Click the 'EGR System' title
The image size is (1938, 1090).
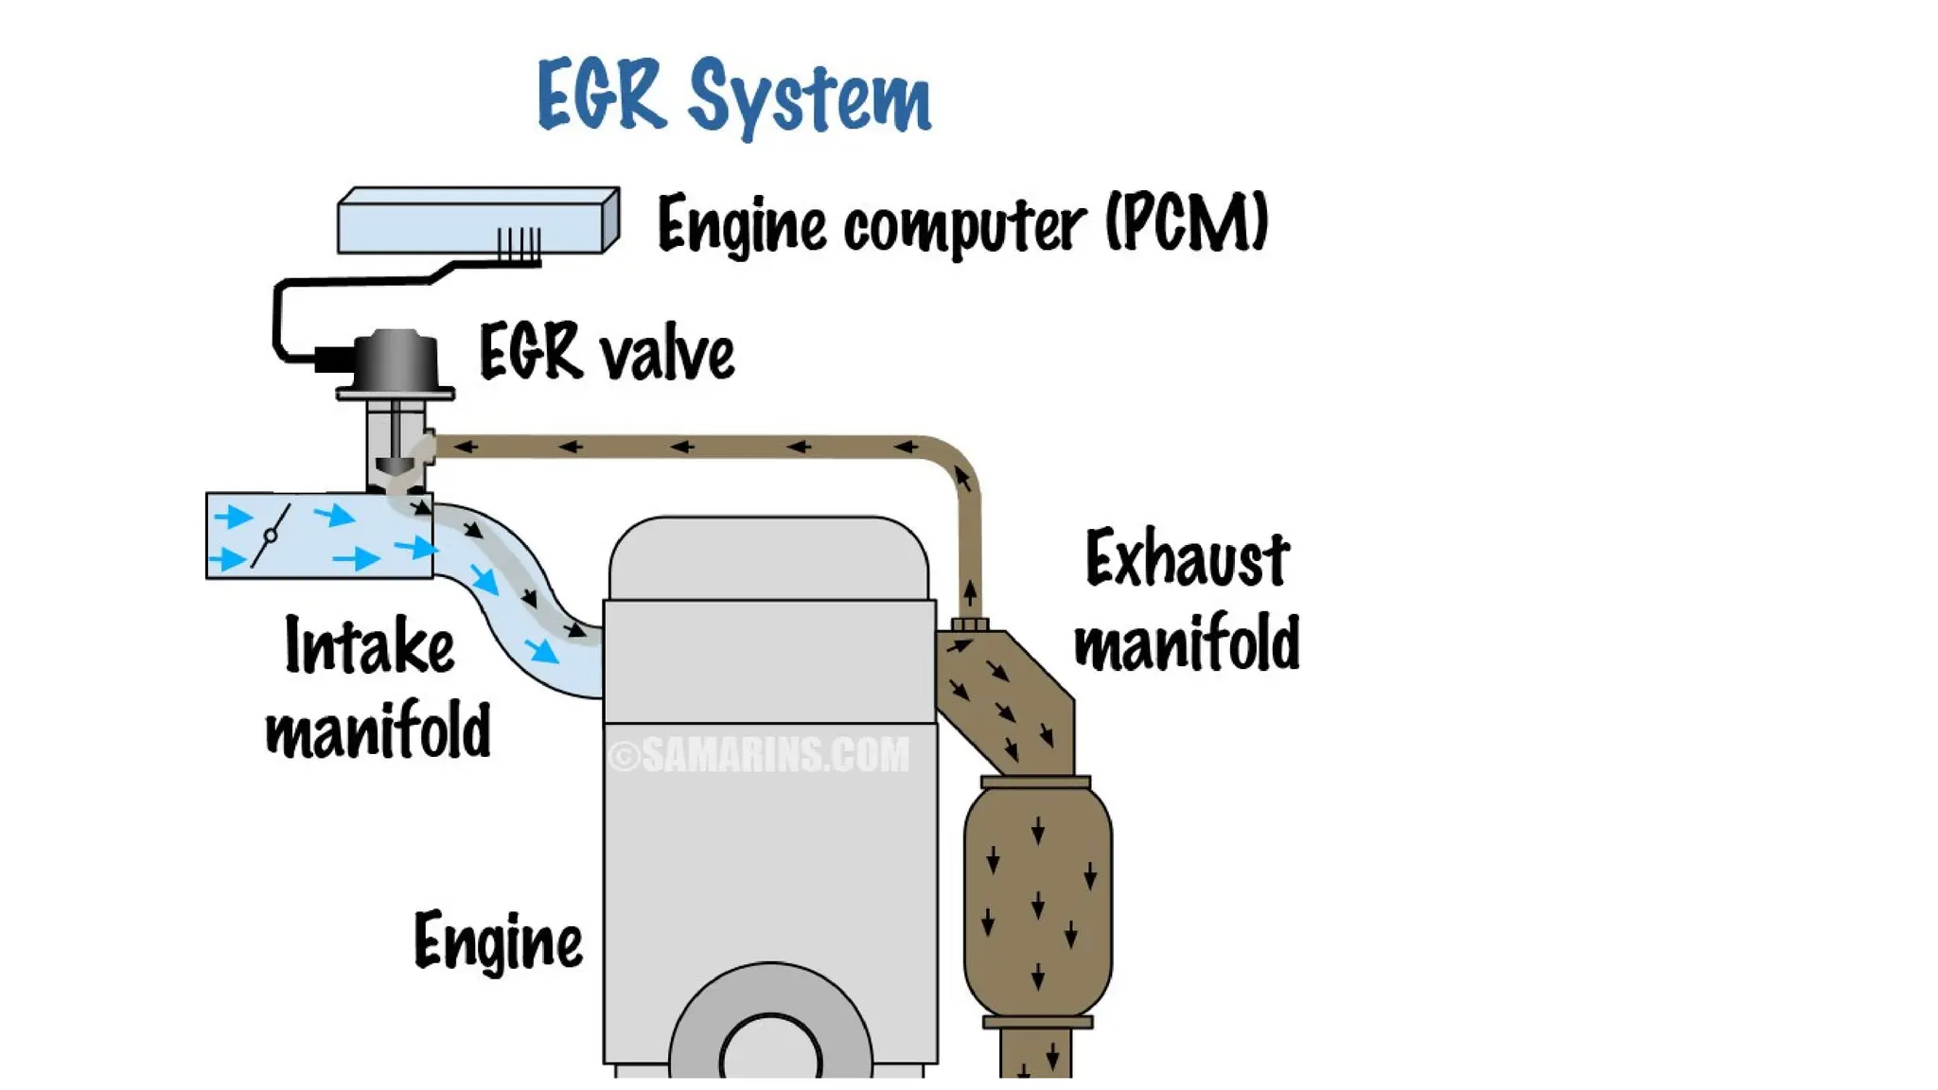pyautogui.click(x=734, y=96)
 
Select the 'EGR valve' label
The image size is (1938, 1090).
pyautogui.click(x=607, y=353)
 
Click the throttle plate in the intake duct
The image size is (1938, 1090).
pyautogui.click(x=271, y=536)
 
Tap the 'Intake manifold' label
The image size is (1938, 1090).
pyautogui.click(x=377, y=687)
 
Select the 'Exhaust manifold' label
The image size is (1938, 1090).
pyautogui.click(x=1187, y=601)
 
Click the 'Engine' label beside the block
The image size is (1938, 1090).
pyautogui.click(x=498, y=941)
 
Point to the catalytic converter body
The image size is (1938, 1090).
pyautogui.click(x=1037, y=899)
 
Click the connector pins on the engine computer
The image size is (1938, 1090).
pyautogui.click(x=520, y=243)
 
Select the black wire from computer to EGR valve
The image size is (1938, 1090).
pyautogui.click(x=277, y=312)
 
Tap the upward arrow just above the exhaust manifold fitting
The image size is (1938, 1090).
pyautogui.click(x=970, y=594)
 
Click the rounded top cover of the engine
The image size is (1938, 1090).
pyautogui.click(x=768, y=558)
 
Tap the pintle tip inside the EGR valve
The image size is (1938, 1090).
pyautogui.click(x=396, y=466)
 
